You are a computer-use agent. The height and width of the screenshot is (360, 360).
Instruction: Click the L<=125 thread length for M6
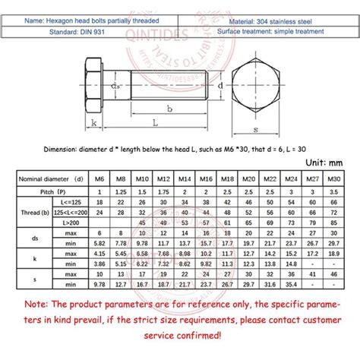click(x=98, y=204)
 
